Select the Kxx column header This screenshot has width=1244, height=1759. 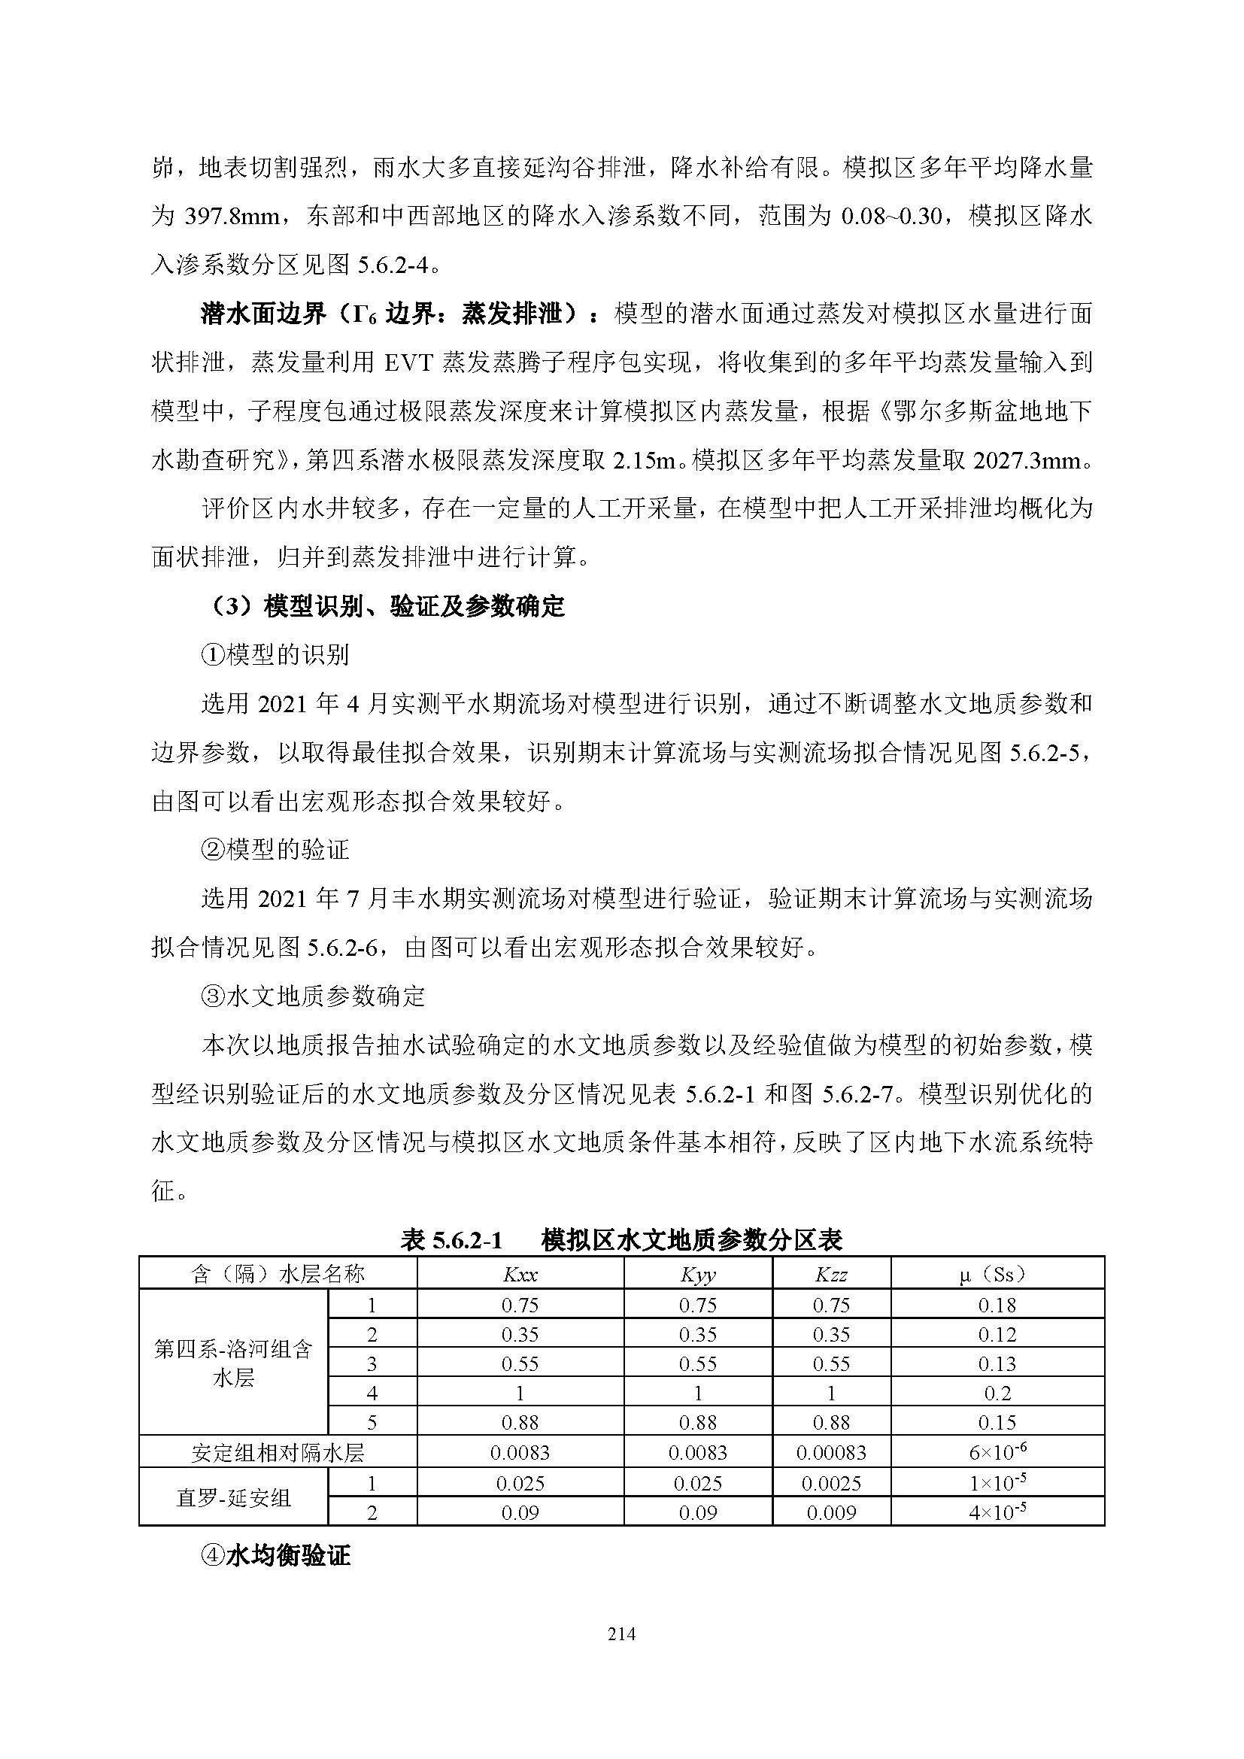click(520, 1275)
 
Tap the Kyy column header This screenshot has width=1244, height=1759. click(697, 1275)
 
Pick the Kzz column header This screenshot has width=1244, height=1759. click(831, 1275)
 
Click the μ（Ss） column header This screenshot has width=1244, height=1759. click(997, 1274)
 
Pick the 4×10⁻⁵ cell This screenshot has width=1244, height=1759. click(997, 1512)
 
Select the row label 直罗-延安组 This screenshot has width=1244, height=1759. click(233, 1498)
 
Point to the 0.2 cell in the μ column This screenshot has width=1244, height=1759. click(997, 1393)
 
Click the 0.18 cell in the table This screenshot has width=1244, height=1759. click(997, 1305)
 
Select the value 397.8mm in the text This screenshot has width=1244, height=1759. click(232, 216)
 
